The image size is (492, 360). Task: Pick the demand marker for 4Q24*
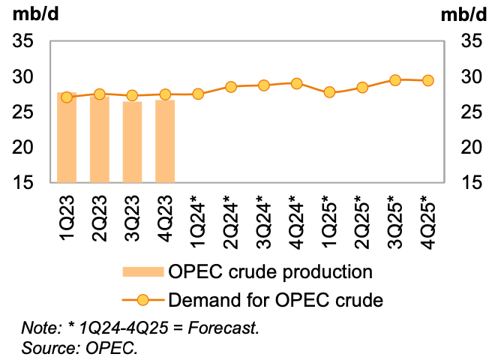click(x=296, y=84)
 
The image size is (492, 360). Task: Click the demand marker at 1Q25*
click(x=329, y=92)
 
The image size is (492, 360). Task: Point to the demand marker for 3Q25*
click(x=395, y=79)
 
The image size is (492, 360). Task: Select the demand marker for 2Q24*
click(x=231, y=87)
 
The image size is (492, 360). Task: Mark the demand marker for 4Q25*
click(x=427, y=80)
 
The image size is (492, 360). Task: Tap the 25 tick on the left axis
click(x=22, y=112)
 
